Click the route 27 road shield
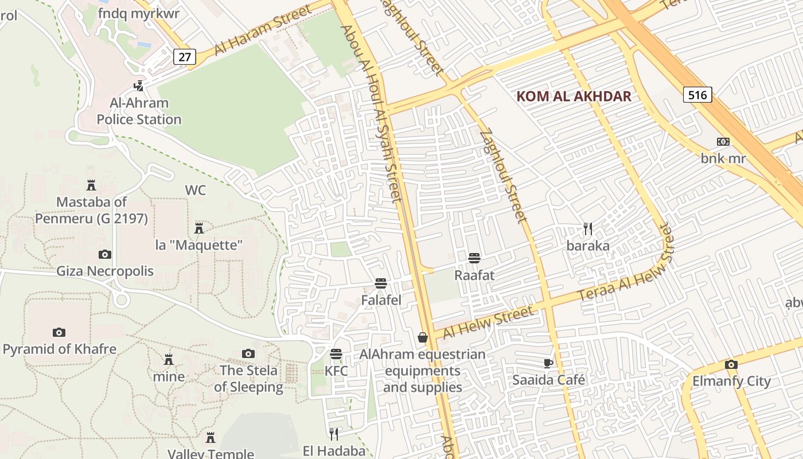[x=185, y=56]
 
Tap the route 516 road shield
[x=697, y=95]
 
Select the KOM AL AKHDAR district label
[x=574, y=96]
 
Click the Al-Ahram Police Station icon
[x=138, y=86]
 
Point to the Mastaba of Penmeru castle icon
[x=91, y=185]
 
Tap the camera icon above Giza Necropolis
[x=105, y=254]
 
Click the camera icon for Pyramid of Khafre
[x=59, y=332]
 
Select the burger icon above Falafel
[x=380, y=283]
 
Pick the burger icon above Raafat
[x=474, y=258]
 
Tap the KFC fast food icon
[x=336, y=354]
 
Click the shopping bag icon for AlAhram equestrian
[x=423, y=337]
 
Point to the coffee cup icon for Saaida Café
[x=548, y=363]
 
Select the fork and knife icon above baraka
[x=587, y=229]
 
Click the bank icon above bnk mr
[x=723, y=142]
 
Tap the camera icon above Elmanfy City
[x=731, y=364]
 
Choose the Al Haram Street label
[x=263, y=30]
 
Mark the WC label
[x=195, y=190]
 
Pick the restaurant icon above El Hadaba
[x=334, y=434]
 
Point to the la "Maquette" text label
[x=199, y=245]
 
